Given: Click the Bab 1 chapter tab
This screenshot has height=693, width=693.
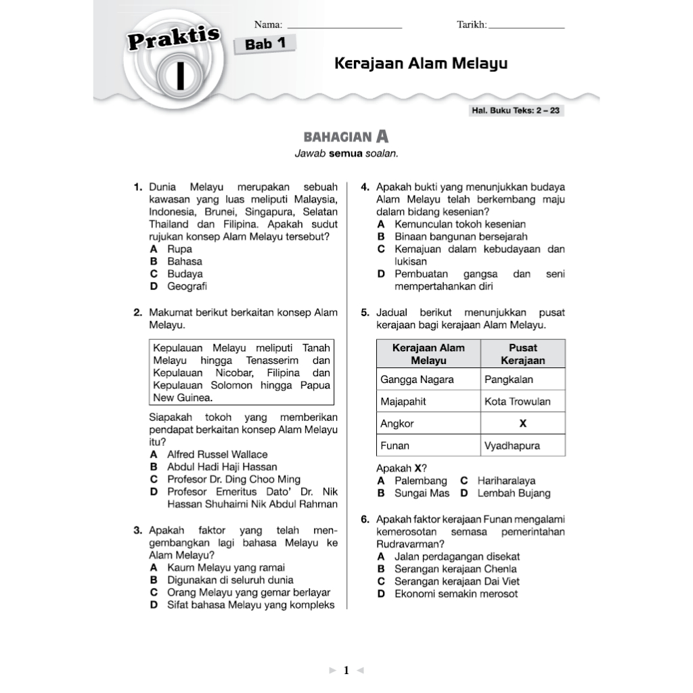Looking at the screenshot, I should coord(265,45).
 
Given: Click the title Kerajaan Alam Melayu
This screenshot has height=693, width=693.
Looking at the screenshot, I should coord(421,64).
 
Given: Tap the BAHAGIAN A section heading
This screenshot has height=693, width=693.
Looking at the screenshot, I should coord(346,137).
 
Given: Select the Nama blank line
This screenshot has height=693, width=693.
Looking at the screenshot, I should coord(344,27).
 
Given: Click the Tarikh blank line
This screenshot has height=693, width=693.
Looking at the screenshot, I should coord(526,27).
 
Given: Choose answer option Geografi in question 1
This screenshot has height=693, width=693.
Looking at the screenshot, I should coord(187,286).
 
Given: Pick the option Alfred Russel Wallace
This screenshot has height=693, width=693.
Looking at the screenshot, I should coord(217,454).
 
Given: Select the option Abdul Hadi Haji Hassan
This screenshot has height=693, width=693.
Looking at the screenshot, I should coord(221,466).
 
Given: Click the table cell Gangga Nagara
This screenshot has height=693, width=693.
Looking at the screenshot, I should coord(417,379).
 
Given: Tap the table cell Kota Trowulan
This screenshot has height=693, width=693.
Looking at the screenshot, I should coord(517,401).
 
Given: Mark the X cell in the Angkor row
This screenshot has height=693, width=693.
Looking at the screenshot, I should coord(522,424).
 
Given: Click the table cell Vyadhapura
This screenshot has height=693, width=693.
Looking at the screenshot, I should coord(512,446).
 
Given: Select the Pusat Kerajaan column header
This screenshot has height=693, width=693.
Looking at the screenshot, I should coord(522,354).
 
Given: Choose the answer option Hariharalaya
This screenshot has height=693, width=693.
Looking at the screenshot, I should coord(506,480).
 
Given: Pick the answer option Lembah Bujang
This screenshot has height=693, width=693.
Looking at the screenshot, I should coord(514,493).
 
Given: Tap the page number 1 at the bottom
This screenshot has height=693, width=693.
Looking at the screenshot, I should coord(346,671).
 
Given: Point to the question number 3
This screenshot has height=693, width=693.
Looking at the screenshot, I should coord(137,531).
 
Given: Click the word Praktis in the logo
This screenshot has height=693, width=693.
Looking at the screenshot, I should coord(173,39).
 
